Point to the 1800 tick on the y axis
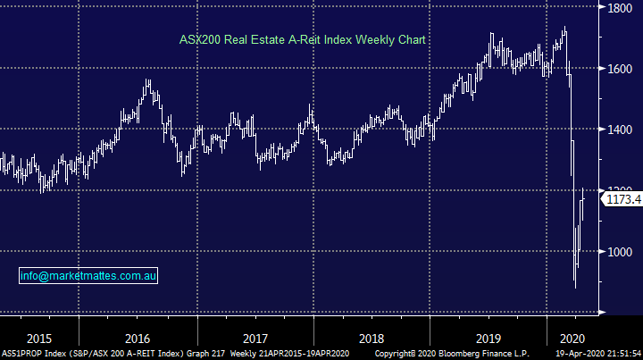(x=622, y=8)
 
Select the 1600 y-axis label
(x=622, y=69)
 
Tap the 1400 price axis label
(x=622, y=130)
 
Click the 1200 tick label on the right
(x=622, y=189)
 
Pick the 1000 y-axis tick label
(x=622, y=251)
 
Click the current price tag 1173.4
(x=622, y=200)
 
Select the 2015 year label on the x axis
(x=39, y=339)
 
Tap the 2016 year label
(x=137, y=339)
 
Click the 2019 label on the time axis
(x=489, y=339)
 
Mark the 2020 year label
(x=571, y=339)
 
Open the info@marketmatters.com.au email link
(x=89, y=276)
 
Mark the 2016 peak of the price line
(x=148, y=83)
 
